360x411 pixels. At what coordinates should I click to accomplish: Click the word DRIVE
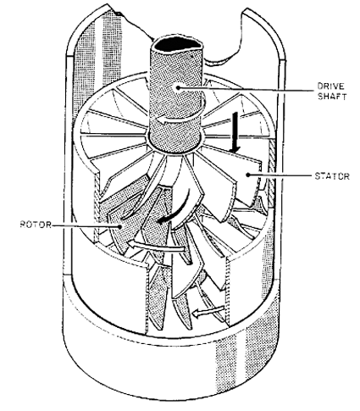coord(331,86)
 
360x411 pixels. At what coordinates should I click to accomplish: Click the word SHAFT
coord(332,97)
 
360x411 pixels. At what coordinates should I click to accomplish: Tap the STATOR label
coord(332,176)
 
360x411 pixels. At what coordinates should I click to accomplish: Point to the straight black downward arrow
coord(235,133)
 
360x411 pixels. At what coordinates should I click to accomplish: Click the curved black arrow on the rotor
coord(174,208)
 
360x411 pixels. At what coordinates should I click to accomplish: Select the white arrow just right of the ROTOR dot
coord(156,246)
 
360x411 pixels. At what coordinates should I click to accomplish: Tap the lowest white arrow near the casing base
coord(208,311)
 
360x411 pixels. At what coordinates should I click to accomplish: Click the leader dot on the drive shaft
coord(178,87)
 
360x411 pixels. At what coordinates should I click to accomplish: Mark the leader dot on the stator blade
coord(248,175)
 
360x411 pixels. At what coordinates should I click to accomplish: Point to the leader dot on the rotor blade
coord(121,226)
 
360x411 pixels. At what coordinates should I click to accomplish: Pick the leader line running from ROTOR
coord(86,225)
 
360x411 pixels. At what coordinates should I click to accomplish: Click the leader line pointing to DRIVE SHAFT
coord(246,89)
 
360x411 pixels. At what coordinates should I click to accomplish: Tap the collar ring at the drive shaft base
coord(176,147)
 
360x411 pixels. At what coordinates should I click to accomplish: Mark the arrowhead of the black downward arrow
coord(235,150)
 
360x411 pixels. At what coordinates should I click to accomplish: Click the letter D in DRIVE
coord(321,86)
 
